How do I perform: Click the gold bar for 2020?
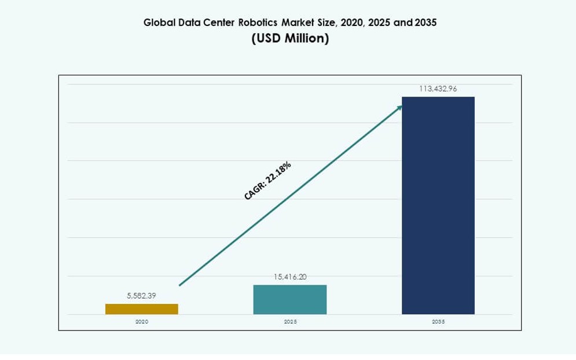[x=141, y=309]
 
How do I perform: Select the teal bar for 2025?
[x=289, y=300]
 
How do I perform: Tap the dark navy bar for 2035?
[x=438, y=205]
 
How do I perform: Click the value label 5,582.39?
[x=141, y=296]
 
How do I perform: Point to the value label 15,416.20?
[x=290, y=277]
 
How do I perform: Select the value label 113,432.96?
[x=438, y=89]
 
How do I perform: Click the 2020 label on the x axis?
[x=141, y=321]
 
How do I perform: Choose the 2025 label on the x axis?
[x=290, y=321]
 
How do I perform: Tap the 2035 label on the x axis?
[x=438, y=321]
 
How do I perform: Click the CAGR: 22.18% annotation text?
[x=267, y=181]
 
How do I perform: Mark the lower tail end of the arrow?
[x=180, y=285]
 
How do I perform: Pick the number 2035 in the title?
[x=425, y=23]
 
